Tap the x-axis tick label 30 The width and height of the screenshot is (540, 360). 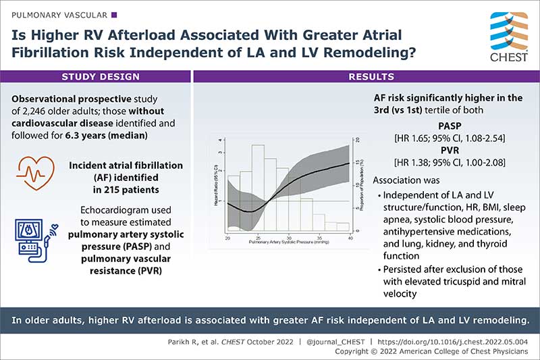click(x=289, y=239)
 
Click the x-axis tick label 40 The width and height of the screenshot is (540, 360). click(x=350, y=239)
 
